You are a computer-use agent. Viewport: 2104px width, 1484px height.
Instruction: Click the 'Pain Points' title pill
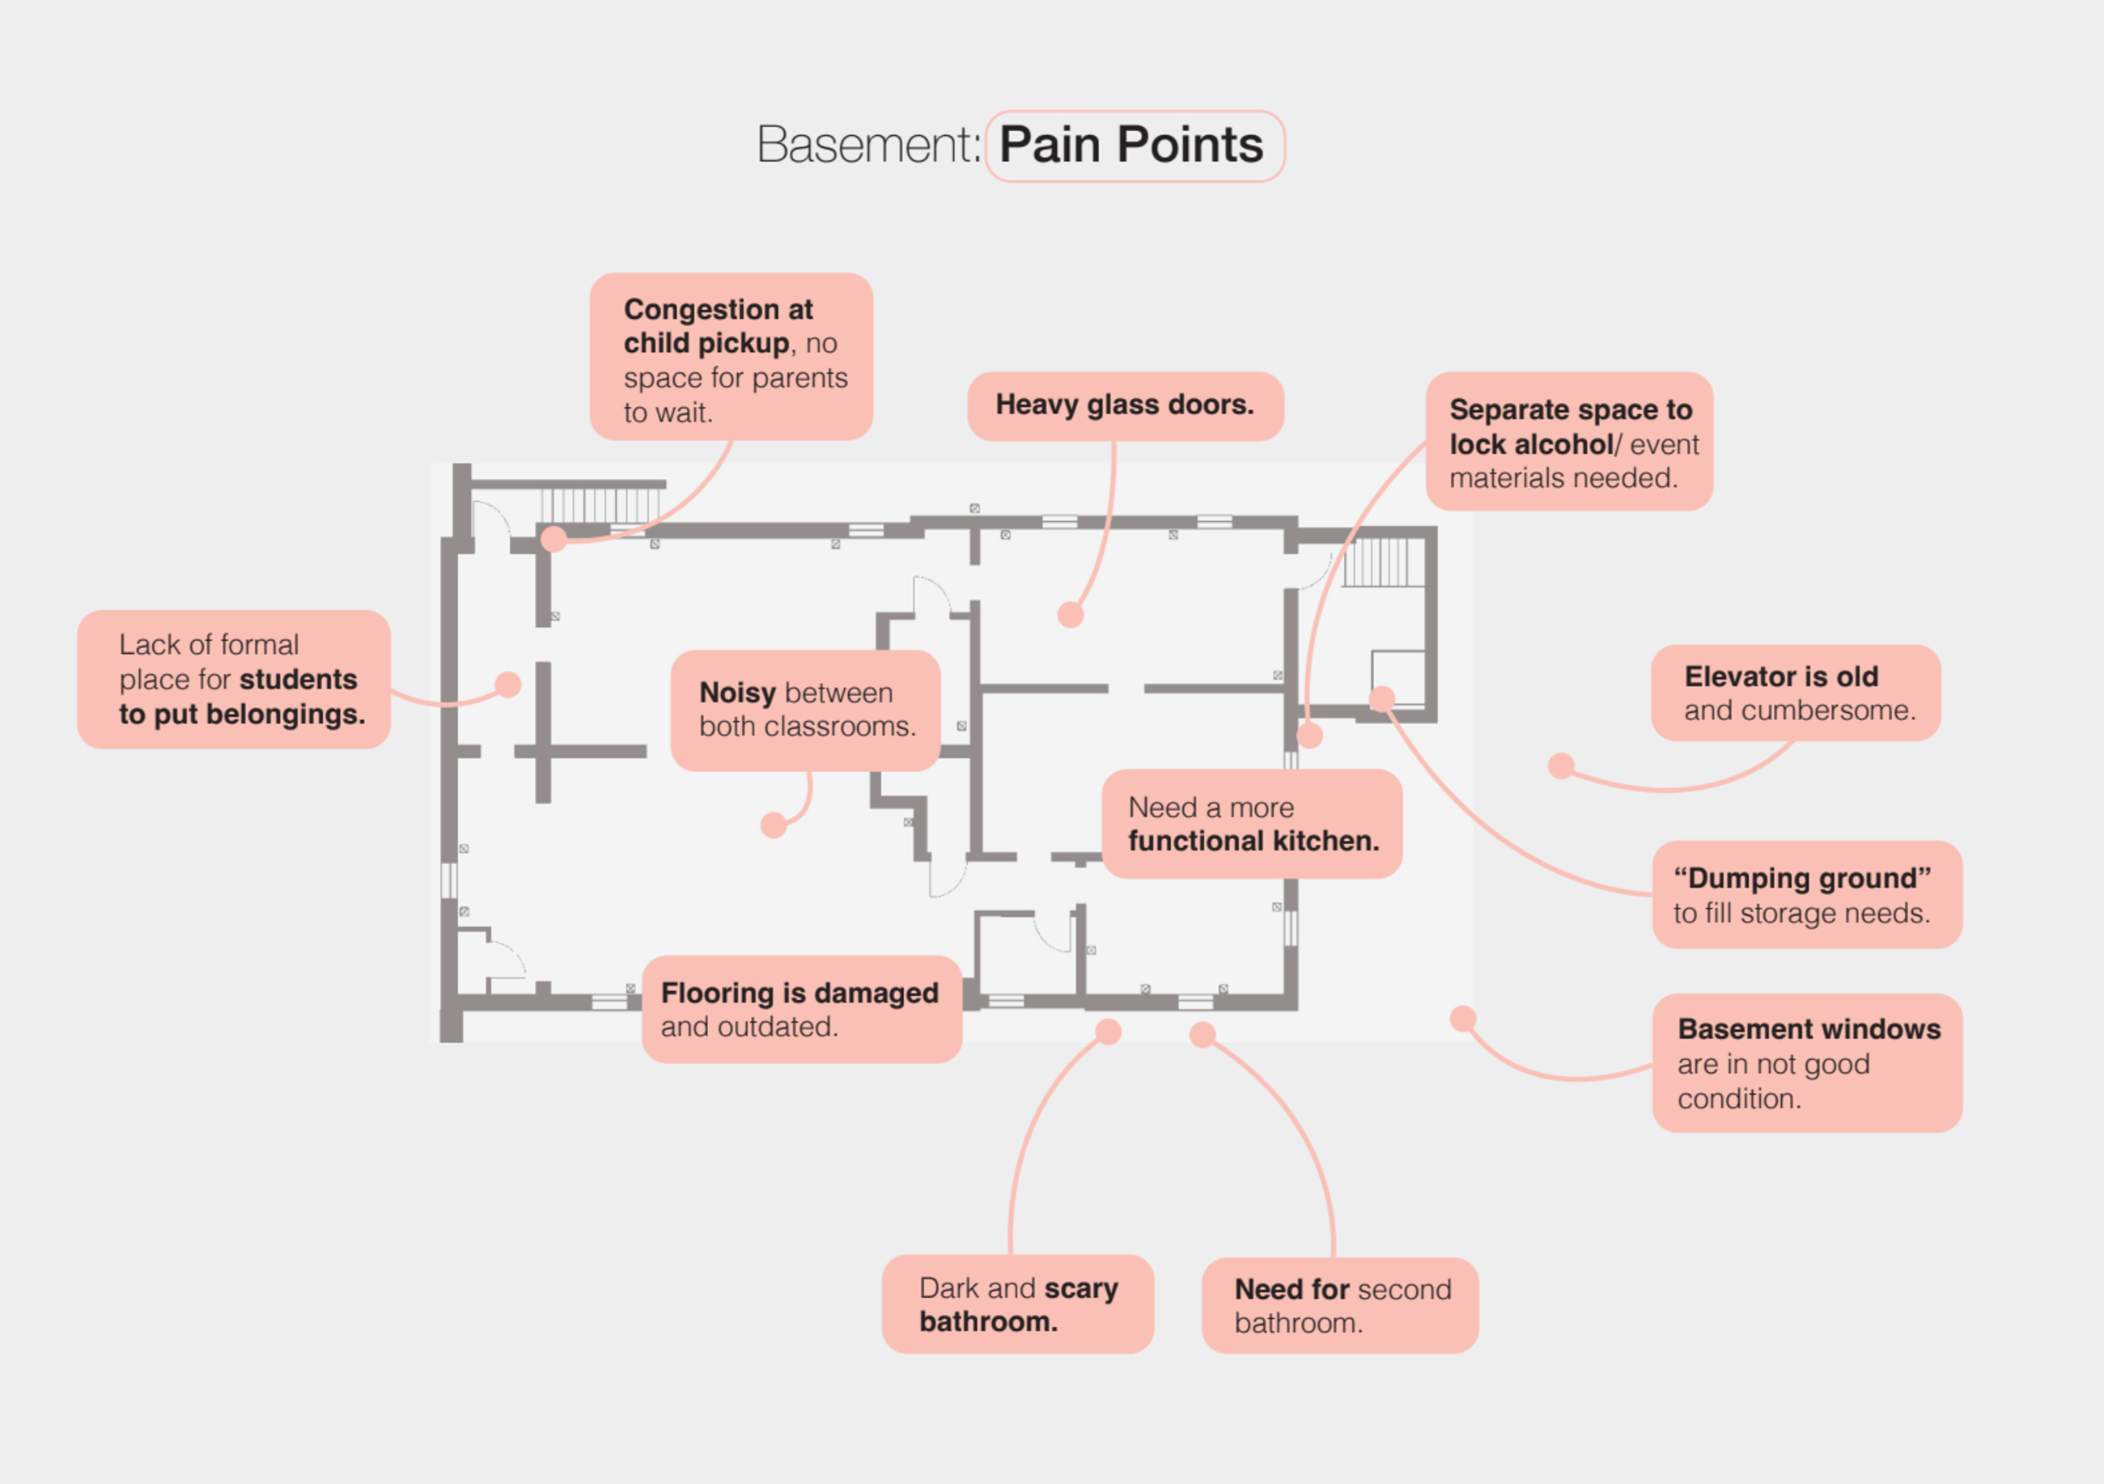[x=1135, y=146]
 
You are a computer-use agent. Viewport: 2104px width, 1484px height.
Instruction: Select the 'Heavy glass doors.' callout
[x=1126, y=406]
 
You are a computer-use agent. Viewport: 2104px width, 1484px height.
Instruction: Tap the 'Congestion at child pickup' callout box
[x=732, y=356]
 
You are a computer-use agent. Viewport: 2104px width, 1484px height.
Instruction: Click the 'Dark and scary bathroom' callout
[x=1018, y=1304]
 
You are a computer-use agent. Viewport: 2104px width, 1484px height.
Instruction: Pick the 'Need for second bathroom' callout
[x=1341, y=1305]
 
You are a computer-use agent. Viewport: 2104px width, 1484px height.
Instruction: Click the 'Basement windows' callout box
[x=1807, y=1062]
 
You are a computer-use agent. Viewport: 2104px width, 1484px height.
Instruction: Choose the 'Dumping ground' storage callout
[x=1807, y=895]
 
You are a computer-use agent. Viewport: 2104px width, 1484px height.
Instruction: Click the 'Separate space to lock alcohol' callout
[x=1570, y=442]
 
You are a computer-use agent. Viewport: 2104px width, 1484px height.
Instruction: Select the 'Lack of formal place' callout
[x=234, y=680]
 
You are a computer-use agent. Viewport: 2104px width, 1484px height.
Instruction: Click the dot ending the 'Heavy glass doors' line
[x=1071, y=615]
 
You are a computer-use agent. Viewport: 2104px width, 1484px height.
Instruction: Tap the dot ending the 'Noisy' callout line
[x=774, y=825]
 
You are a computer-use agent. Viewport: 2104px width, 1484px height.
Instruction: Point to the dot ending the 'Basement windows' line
[x=1463, y=1019]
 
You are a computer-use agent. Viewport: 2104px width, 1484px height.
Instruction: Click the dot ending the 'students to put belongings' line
[x=507, y=685]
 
